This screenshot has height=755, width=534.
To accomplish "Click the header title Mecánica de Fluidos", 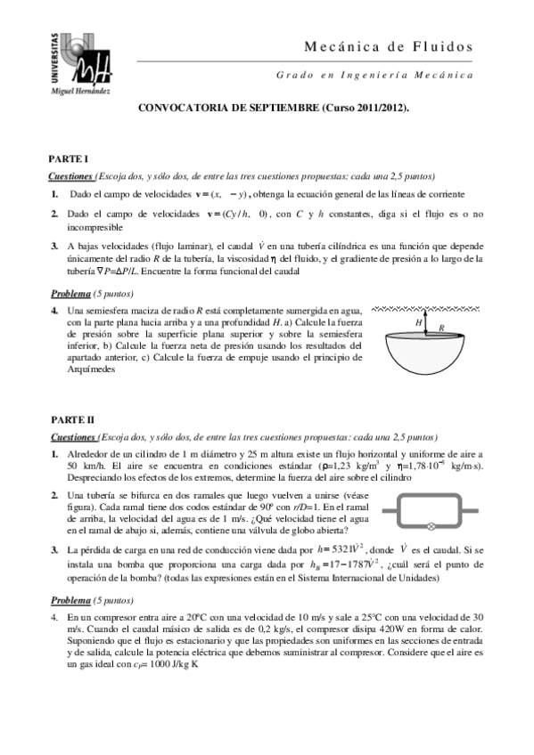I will (389, 47).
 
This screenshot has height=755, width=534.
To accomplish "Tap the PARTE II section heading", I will (70, 418).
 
